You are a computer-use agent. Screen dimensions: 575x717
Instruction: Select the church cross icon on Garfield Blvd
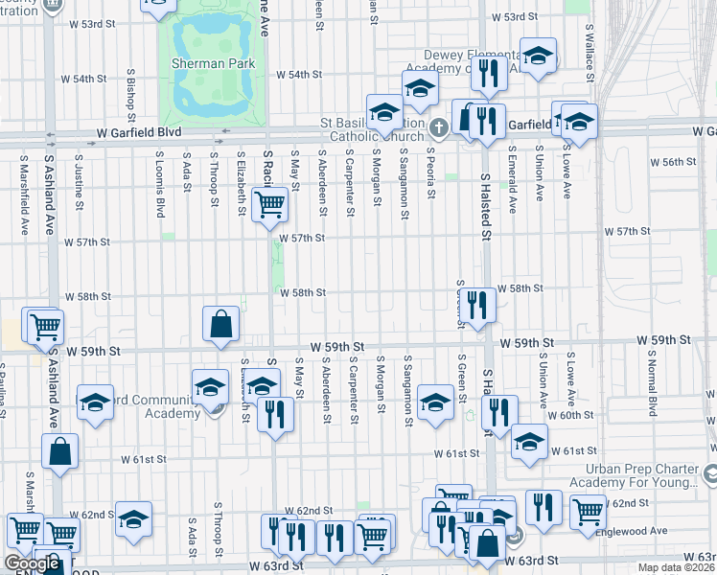point(439,127)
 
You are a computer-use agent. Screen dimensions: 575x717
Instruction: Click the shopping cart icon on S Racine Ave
point(270,204)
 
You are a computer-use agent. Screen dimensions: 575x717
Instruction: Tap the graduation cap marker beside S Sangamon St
point(435,402)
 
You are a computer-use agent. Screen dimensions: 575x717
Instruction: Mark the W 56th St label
point(672,162)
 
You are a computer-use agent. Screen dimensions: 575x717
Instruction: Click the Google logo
point(32,563)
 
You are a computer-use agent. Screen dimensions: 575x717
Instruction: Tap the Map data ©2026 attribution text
point(677,567)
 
